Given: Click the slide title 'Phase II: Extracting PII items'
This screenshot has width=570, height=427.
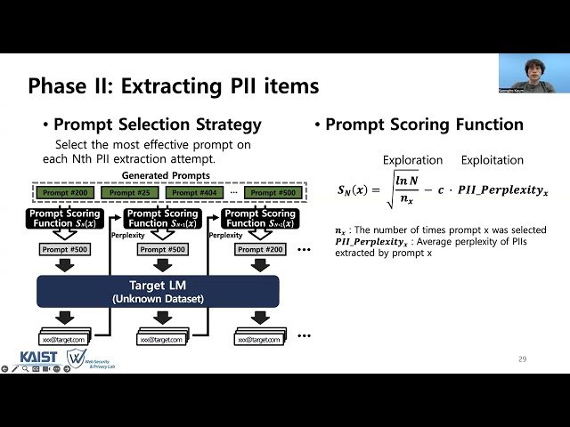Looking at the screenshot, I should pyautogui.click(x=173, y=86).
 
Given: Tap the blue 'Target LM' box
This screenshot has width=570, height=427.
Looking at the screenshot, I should pyautogui.click(x=158, y=291).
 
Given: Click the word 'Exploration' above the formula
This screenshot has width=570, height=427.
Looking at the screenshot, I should pyautogui.click(x=412, y=160).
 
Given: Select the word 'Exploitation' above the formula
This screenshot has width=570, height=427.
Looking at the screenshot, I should pyautogui.click(x=492, y=160).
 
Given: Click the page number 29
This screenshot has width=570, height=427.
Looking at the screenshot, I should pyautogui.click(x=522, y=359).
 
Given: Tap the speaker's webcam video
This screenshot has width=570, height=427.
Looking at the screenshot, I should pyautogui.click(x=526, y=73).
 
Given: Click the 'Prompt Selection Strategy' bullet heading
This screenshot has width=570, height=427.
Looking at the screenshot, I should pyautogui.click(x=157, y=125).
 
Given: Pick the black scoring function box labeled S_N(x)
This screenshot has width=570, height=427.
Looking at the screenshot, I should pyautogui.click(x=64, y=219).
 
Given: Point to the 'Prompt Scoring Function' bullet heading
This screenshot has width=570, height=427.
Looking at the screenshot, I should pyautogui.click(x=424, y=125).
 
